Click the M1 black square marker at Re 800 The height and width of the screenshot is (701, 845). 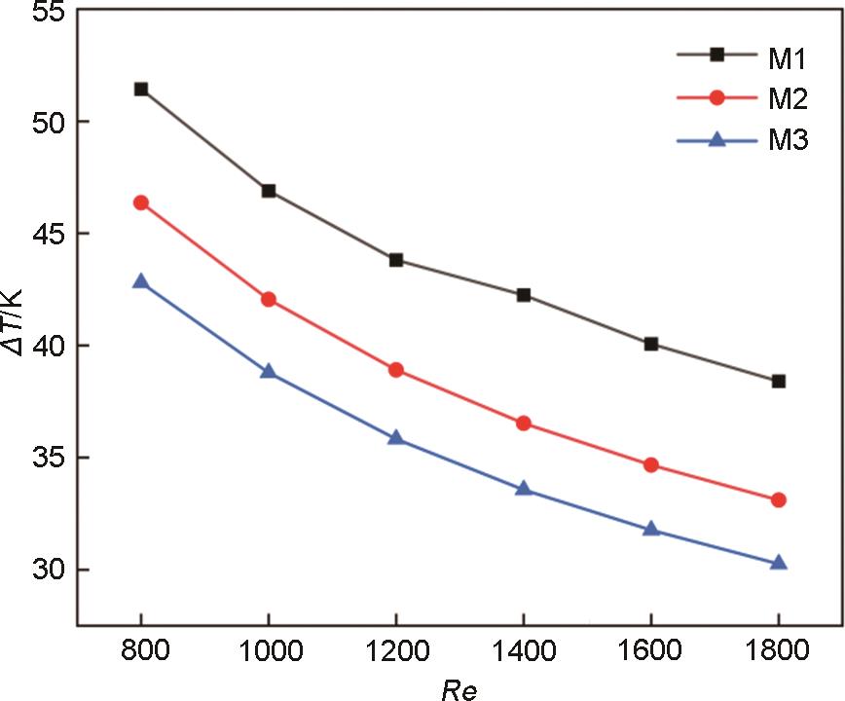point(141,89)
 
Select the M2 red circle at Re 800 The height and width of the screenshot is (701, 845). point(141,203)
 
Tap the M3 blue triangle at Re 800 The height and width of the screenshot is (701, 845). point(141,281)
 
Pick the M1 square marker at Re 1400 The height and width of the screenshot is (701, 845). point(524,295)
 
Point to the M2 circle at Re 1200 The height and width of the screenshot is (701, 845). point(396,370)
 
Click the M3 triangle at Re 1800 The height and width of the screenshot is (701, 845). point(778,563)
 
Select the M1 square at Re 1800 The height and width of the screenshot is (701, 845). point(778,381)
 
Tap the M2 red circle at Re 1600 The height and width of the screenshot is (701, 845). point(651,464)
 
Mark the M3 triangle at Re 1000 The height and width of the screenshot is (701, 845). point(269,372)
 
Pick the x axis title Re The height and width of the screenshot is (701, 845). point(457,687)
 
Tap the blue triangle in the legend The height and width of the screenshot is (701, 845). point(717,140)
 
